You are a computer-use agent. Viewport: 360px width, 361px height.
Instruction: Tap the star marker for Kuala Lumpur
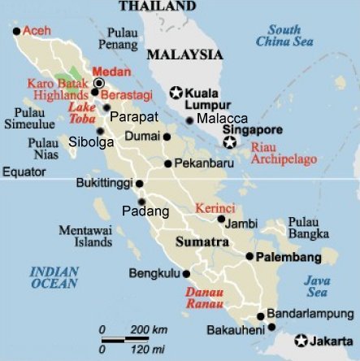coord(176,92)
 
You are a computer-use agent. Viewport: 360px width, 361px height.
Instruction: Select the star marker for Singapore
coord(230,143)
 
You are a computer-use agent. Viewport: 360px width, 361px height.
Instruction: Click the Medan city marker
coord(99,84)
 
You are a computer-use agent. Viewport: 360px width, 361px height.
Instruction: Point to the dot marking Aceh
coord(17,32)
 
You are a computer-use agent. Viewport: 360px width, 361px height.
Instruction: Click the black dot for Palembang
coord(249,256)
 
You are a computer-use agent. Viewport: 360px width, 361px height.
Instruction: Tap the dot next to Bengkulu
coord(187,274)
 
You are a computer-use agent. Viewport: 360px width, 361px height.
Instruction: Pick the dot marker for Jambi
coord(222,220)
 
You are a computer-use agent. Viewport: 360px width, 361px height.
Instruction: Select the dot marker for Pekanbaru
coord(168,163)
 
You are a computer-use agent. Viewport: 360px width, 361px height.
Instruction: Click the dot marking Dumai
coord(167,137)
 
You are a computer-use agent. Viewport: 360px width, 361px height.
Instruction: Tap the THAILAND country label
coord(157,6)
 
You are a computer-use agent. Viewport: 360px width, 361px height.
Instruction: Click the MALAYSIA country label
coord(184,54)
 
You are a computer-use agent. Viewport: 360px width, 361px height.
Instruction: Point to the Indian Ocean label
coord(54,277)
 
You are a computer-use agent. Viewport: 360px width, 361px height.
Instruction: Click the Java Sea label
coord(318,285)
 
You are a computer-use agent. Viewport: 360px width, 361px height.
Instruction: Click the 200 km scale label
coord(149,329)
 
